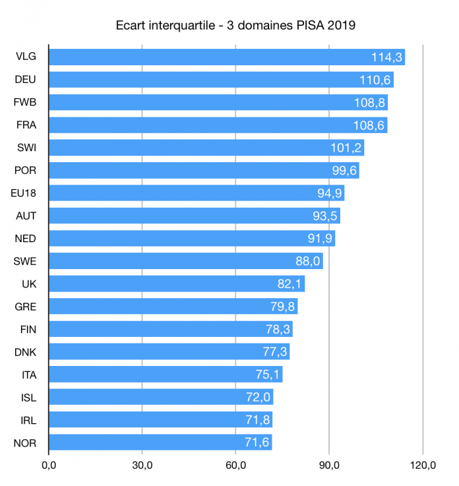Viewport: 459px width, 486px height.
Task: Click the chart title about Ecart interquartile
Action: [235, 26]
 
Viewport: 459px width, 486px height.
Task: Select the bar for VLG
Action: [226, 57]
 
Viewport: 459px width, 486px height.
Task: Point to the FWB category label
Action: [25, 103]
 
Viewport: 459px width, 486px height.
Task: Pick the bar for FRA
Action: [218, 125]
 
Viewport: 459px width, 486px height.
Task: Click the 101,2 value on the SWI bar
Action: [346, 148]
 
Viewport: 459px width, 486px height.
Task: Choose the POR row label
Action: [25, 171]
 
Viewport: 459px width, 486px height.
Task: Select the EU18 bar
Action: [197, 193]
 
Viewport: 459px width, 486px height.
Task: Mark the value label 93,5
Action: [324, 216]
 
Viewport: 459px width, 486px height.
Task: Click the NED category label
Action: [25, 238]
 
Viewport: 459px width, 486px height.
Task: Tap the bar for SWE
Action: [185, 261]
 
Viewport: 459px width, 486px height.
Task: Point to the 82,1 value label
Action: [290, 284]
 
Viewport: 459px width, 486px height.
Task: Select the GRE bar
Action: [173, 306]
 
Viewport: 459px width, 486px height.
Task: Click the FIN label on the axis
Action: [25, 329]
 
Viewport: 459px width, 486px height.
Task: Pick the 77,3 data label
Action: [274, 351]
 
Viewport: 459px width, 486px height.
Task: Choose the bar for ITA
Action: [166, 374]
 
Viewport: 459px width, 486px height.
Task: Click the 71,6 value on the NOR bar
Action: [257, 442]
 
